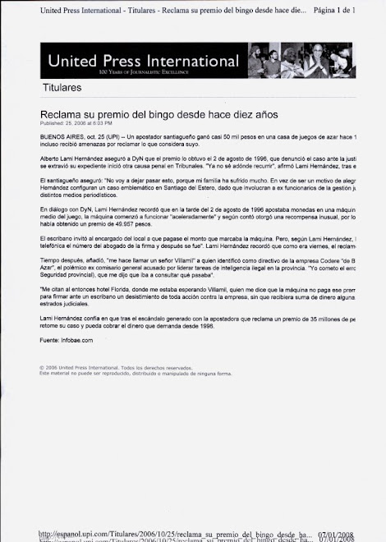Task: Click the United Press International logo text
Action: tap(143, 62)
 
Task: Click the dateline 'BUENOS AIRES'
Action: tap(60, 134)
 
